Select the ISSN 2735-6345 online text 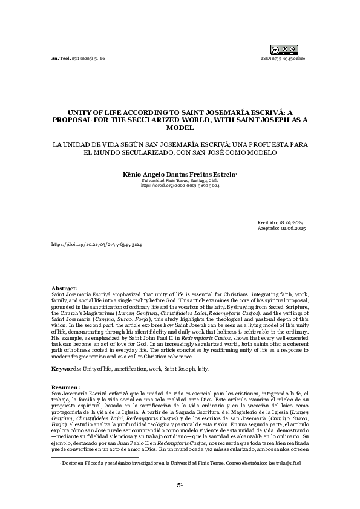pos(283,59)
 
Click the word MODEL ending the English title pos(180,128)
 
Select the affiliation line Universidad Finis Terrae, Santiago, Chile pos(180,180)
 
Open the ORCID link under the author pos(180,186)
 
